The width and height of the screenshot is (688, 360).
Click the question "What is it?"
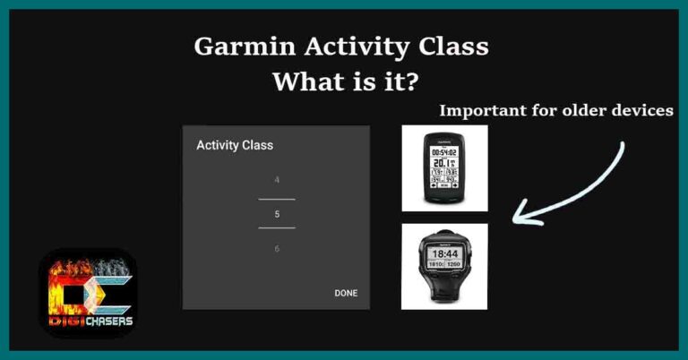click(344, 82)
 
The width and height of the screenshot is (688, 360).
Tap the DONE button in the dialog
click(346, 293)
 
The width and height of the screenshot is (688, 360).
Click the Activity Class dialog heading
click(235, 144)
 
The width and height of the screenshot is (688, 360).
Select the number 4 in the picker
click(277, 180)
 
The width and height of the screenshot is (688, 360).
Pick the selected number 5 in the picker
click(277, 214)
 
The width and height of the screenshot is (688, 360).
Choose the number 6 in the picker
click(277, 248)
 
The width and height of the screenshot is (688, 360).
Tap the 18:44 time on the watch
click(445, 254)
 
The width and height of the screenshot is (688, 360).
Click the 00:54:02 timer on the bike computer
click(445, 151)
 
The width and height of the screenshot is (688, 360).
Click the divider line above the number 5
click(277, 198)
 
